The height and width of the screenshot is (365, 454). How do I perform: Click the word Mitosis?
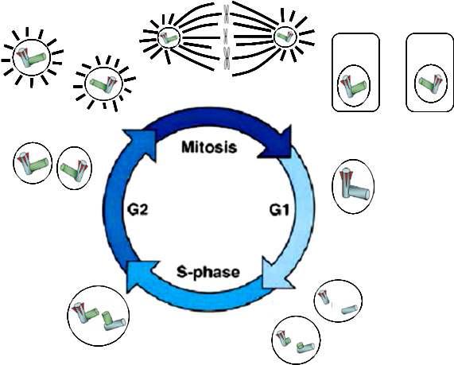click(209, 147)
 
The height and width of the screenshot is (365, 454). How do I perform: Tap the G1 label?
click(279, 210)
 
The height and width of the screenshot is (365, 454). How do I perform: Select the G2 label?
click(138, 209)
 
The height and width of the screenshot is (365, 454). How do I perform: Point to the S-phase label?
click(208, 272)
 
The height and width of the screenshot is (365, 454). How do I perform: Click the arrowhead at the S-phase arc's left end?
click(141, 274)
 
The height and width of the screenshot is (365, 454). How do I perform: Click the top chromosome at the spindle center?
click(227, 13)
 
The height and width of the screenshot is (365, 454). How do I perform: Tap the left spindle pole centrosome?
click(169, 37)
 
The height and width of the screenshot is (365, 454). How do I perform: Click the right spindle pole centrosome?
click(285, 37)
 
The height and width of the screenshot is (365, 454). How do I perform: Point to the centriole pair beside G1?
click(353, 187)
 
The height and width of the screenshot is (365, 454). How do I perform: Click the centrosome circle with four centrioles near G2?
click(98, 316)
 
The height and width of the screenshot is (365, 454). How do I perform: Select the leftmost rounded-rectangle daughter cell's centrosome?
click(354, 86)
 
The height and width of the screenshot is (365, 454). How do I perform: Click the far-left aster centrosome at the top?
click(32, 57)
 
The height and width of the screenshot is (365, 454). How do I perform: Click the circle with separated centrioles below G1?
click(338, 301)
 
